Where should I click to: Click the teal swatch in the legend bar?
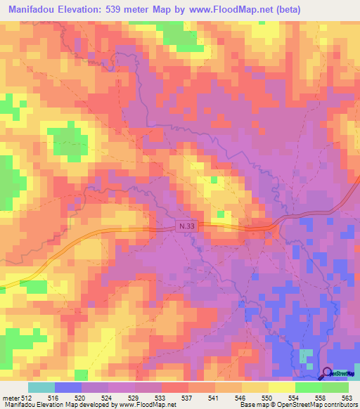coord(41,387)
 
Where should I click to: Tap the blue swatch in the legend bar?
coord(68,387)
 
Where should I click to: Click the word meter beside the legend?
coord(11,398)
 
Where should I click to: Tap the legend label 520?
coord(82,398)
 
